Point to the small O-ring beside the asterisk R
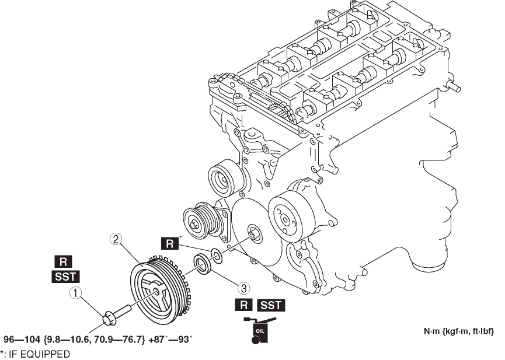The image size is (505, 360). (215, 255)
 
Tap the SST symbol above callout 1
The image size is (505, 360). (62, 277)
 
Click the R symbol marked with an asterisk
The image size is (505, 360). (170, 243)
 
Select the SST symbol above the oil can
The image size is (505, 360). (271, 305)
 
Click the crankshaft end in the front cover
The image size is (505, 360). (255, 233)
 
